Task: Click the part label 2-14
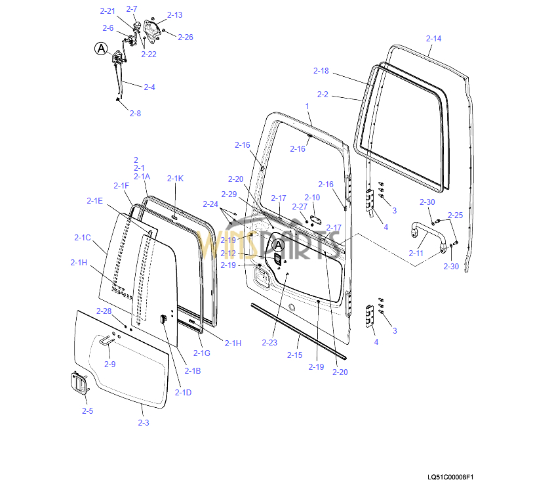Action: [433, 39]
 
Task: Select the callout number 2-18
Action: [321, 71]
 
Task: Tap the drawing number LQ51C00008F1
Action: [450, 477]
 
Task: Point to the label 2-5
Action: [87, 410]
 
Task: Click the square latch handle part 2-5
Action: [78, 384]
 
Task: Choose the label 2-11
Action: [416, 253]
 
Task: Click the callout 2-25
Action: [455, 215]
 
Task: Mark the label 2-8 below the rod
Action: [134, 113]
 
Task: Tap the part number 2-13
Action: [175, 14]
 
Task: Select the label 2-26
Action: [186, 37]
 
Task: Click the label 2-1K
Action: [175, 179]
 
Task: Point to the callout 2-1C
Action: [82, 237]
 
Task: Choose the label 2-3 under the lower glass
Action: [144, 422]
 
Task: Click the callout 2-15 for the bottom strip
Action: [294, 355]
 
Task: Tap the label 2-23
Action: [269, 342]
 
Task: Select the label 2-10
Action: [312, 197]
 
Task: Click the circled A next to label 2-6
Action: [101, 48]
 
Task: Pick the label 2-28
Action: [104, 311]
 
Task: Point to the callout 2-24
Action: [210, 204]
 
